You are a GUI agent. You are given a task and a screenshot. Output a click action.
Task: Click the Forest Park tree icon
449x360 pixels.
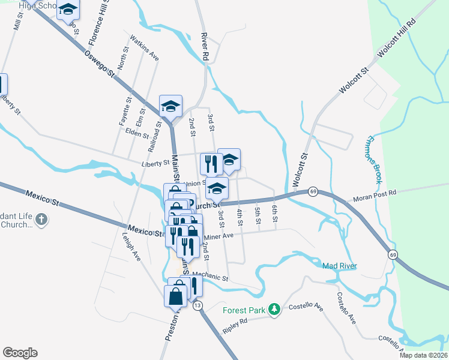pos(274,308)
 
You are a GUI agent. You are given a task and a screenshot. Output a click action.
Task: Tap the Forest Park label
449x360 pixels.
pos(245,310)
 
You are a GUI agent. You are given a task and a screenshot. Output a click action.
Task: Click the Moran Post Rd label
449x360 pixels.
pos(375,193)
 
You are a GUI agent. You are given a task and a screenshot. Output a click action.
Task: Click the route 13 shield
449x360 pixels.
pos(197,305)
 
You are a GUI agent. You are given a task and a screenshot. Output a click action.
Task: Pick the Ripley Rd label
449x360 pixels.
pos(235,322)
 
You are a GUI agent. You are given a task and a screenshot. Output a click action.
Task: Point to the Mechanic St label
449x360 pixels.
pos(211,278)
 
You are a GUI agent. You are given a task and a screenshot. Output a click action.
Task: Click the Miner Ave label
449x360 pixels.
pos(218,236)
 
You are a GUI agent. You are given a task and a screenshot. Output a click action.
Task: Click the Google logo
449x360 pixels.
pos(20,353)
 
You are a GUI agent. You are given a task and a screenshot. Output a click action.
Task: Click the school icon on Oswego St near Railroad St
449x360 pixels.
pos(170,107)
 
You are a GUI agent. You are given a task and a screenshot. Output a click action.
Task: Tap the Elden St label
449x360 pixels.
pos(137,133)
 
